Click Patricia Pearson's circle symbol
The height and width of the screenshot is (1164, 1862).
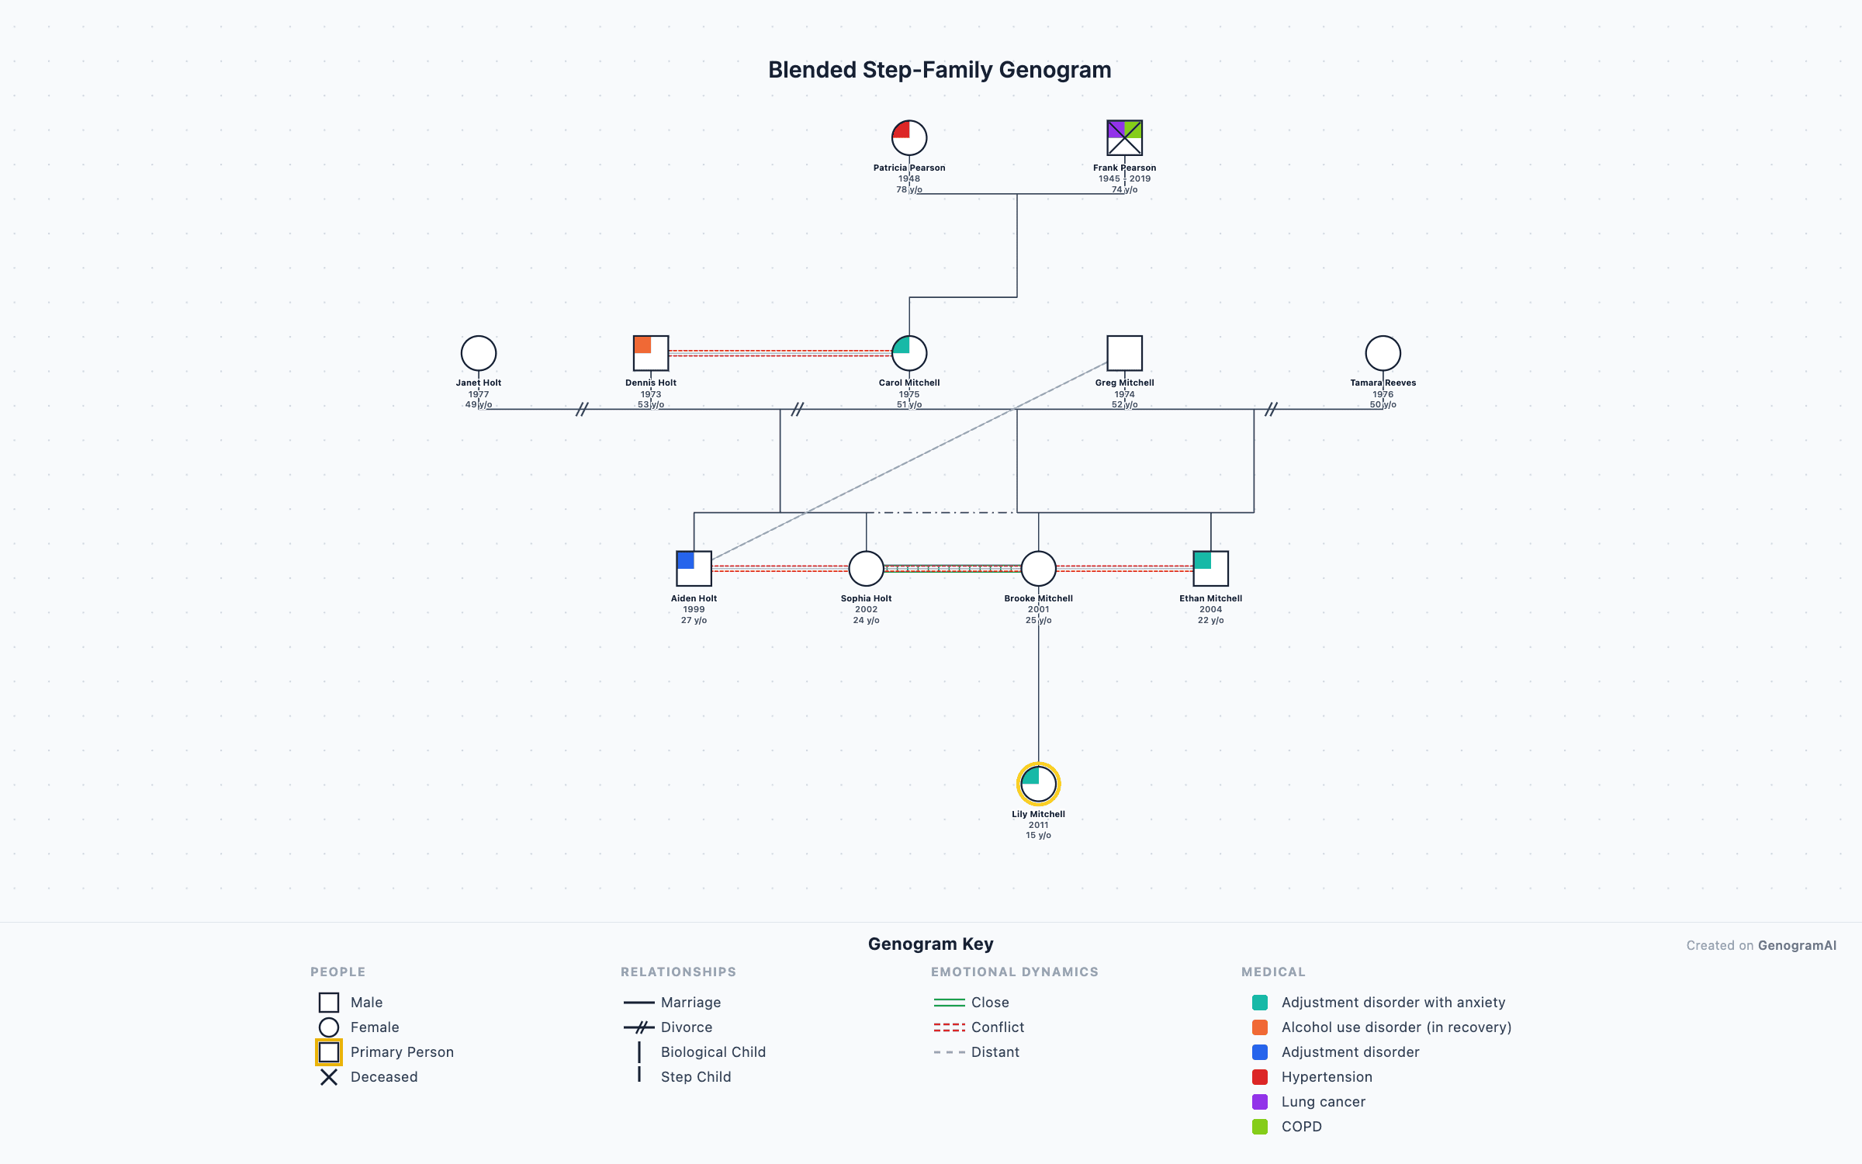tap(909, 138)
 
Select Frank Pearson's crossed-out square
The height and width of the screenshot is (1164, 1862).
tap(1124, 138)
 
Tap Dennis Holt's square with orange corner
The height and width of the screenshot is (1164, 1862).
tap(651, 353)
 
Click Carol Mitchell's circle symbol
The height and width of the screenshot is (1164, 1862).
tap(909, 353)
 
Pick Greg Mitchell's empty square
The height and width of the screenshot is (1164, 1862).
tap(1124, 353)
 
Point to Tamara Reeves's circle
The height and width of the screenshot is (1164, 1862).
tap(1383, 353)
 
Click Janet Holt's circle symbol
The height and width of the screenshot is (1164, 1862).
tap(479, 353)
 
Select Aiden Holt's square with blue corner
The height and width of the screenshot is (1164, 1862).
tap(694, 569)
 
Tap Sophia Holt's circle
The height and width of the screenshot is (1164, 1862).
tap(866, 569)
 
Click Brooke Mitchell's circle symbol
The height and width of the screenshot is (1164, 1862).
tap(1038, 569)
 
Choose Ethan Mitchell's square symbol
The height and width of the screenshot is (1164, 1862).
tap(1210, 569)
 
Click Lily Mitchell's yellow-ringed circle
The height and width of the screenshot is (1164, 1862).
tap(1038, 784)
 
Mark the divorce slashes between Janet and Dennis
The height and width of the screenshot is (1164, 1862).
tap(582, 409)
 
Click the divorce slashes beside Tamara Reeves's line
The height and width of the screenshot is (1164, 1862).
tap(1271, 409)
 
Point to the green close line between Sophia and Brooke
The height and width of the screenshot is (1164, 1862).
tap(952, 566)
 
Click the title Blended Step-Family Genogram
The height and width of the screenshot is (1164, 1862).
tap(940, 70)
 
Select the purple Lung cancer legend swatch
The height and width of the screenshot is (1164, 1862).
tap(1260, 1102)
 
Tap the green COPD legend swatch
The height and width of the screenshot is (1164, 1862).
tap(1260, 1127)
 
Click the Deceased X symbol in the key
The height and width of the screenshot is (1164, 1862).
tap(329, 1077)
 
